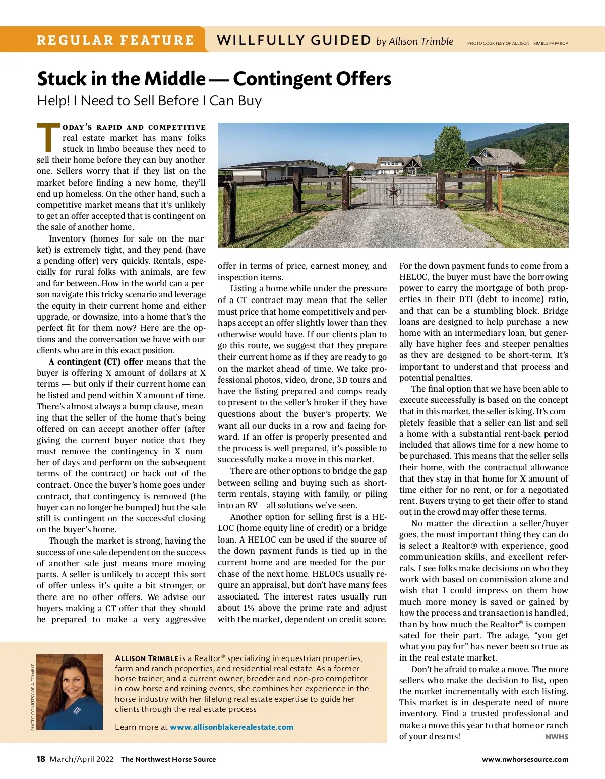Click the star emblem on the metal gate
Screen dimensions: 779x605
(393, 191)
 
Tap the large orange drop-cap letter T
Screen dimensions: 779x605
(48, 137)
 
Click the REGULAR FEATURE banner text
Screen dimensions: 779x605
(115, 40)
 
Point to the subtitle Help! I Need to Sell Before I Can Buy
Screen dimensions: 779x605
(149, 101)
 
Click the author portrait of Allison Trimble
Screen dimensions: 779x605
(70, 692)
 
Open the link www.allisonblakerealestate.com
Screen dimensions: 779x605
(231, 727)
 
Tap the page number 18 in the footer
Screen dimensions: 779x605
(41, 759)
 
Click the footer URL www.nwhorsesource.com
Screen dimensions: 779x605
(525, 759)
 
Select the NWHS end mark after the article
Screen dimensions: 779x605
(557, 737)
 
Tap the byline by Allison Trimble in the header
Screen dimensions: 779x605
(414, 41)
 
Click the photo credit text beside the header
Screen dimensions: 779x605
(517, 43)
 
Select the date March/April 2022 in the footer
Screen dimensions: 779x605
(81, 759)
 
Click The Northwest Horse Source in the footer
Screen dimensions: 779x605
(168, 759)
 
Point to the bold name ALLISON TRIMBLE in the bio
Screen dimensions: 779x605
(146, 658)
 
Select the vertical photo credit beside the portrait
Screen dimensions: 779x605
(33, 696)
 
